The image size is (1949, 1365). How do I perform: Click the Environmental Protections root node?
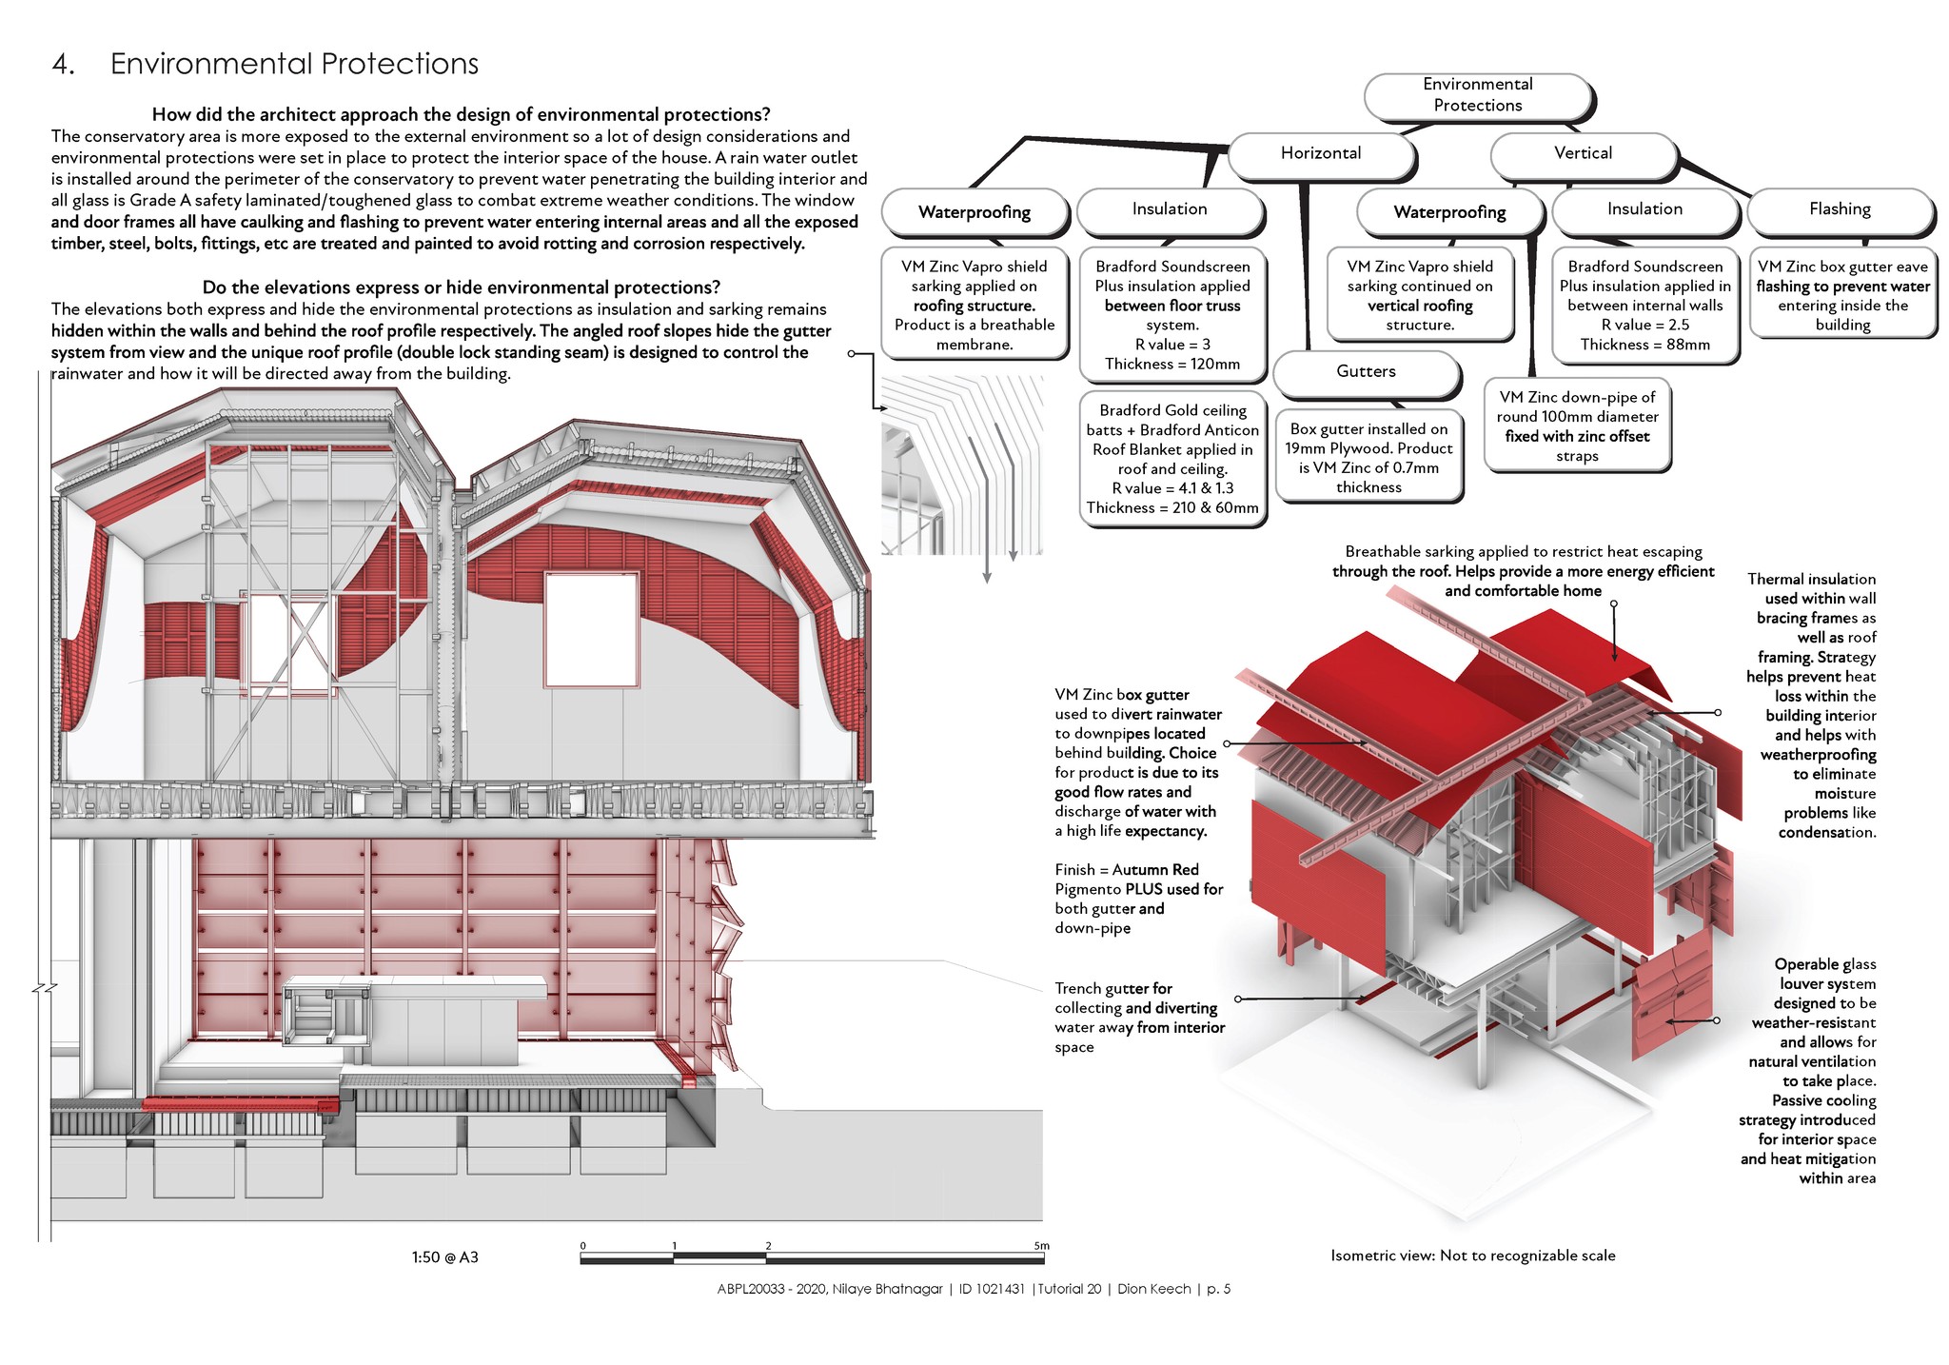[x=1478, y=96]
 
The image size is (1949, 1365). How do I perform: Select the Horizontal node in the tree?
[x=1321, y=154]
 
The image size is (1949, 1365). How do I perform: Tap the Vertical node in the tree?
[x=1583, y=154]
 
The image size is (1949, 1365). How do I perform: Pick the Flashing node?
[x=1840, y=210]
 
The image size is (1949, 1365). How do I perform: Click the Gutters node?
[x=1366, y=372]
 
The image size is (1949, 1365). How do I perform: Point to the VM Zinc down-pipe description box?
[x=1577, y=426]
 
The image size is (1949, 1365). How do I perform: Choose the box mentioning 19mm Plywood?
[x=1368, y=458]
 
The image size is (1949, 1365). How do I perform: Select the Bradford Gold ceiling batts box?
[x=1172, y=459]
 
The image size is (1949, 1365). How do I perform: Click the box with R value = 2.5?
[x=1645, y=306]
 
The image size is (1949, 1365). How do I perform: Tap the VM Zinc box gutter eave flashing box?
[x=1842, y=295]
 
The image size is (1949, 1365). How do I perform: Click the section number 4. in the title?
[x=64, y=65]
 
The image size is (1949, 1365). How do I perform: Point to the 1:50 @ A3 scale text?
[x=445, y=1257]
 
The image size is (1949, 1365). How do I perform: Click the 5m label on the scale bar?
[x=1041, y=1245]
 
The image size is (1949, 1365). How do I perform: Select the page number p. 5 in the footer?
[x=1218, y=1289]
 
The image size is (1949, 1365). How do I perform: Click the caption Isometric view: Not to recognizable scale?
[x=1473, y=1256]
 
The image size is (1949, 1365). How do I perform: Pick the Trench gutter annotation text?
[x=1140, y=1018]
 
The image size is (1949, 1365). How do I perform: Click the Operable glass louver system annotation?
[x=1808, y=1071]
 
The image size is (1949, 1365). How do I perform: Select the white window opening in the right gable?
[x=591, y=628]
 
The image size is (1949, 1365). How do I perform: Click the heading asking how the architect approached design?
[x=462, y=115]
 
